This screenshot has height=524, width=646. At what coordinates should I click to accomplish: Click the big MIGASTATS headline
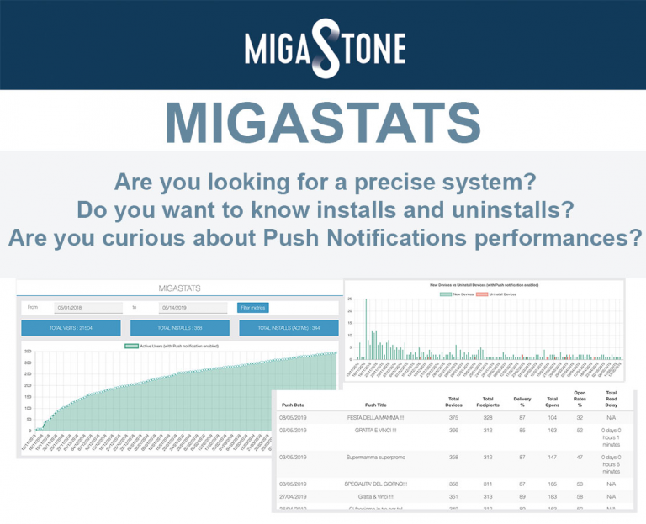point(323,121)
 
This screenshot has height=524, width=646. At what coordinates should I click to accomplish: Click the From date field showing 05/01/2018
point(88,308)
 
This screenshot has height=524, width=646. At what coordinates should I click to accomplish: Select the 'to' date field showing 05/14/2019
point(193,308)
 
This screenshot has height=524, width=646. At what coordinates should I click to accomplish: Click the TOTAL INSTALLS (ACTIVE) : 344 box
point(289,328)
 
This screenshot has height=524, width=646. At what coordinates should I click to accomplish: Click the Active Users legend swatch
point(131,346)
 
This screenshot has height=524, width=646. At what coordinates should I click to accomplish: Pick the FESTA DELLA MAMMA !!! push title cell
point(377,417)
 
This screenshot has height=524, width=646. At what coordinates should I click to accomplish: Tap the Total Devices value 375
point(453,417)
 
